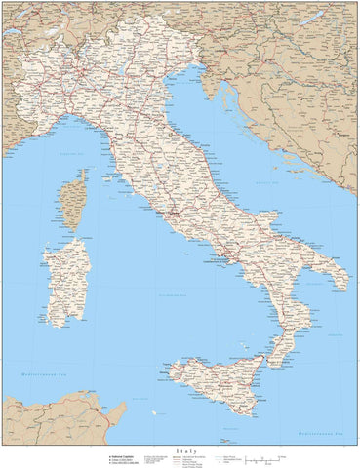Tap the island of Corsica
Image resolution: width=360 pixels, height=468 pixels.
72,203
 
